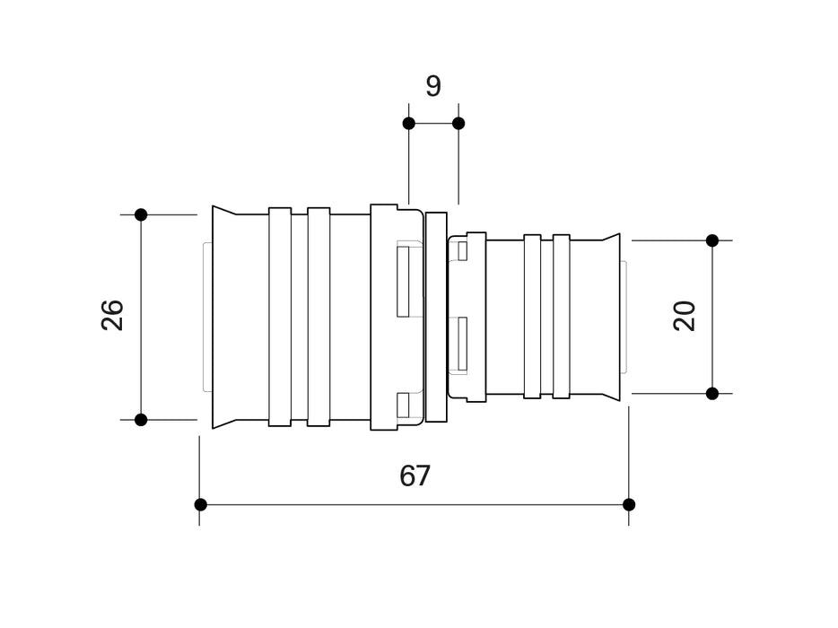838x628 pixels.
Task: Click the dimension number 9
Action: [433, 86]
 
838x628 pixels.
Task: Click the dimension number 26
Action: [112, 315]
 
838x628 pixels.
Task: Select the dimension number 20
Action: [685, 316]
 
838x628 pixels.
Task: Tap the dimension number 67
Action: [415, 475]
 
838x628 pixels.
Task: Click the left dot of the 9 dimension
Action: [408, 123]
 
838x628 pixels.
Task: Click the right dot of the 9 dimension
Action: [458, 123]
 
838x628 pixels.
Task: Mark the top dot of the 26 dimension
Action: [141, 214]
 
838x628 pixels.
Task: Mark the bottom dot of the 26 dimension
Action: [141, 419]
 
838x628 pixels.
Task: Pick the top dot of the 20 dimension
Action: [712, 240]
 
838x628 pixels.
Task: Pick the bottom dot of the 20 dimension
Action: [712, 393]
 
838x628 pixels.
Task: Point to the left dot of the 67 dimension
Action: [200, 504]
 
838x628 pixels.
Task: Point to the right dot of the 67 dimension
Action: [628, 504]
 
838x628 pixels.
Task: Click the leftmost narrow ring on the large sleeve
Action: [280, 317]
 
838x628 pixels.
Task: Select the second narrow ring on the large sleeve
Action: [319, 317]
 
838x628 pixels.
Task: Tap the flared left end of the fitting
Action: [224, 317]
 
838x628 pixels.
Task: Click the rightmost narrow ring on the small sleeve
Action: [562, 317]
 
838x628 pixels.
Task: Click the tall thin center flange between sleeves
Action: [436, 317]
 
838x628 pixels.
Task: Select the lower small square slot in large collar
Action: [403, 406]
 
